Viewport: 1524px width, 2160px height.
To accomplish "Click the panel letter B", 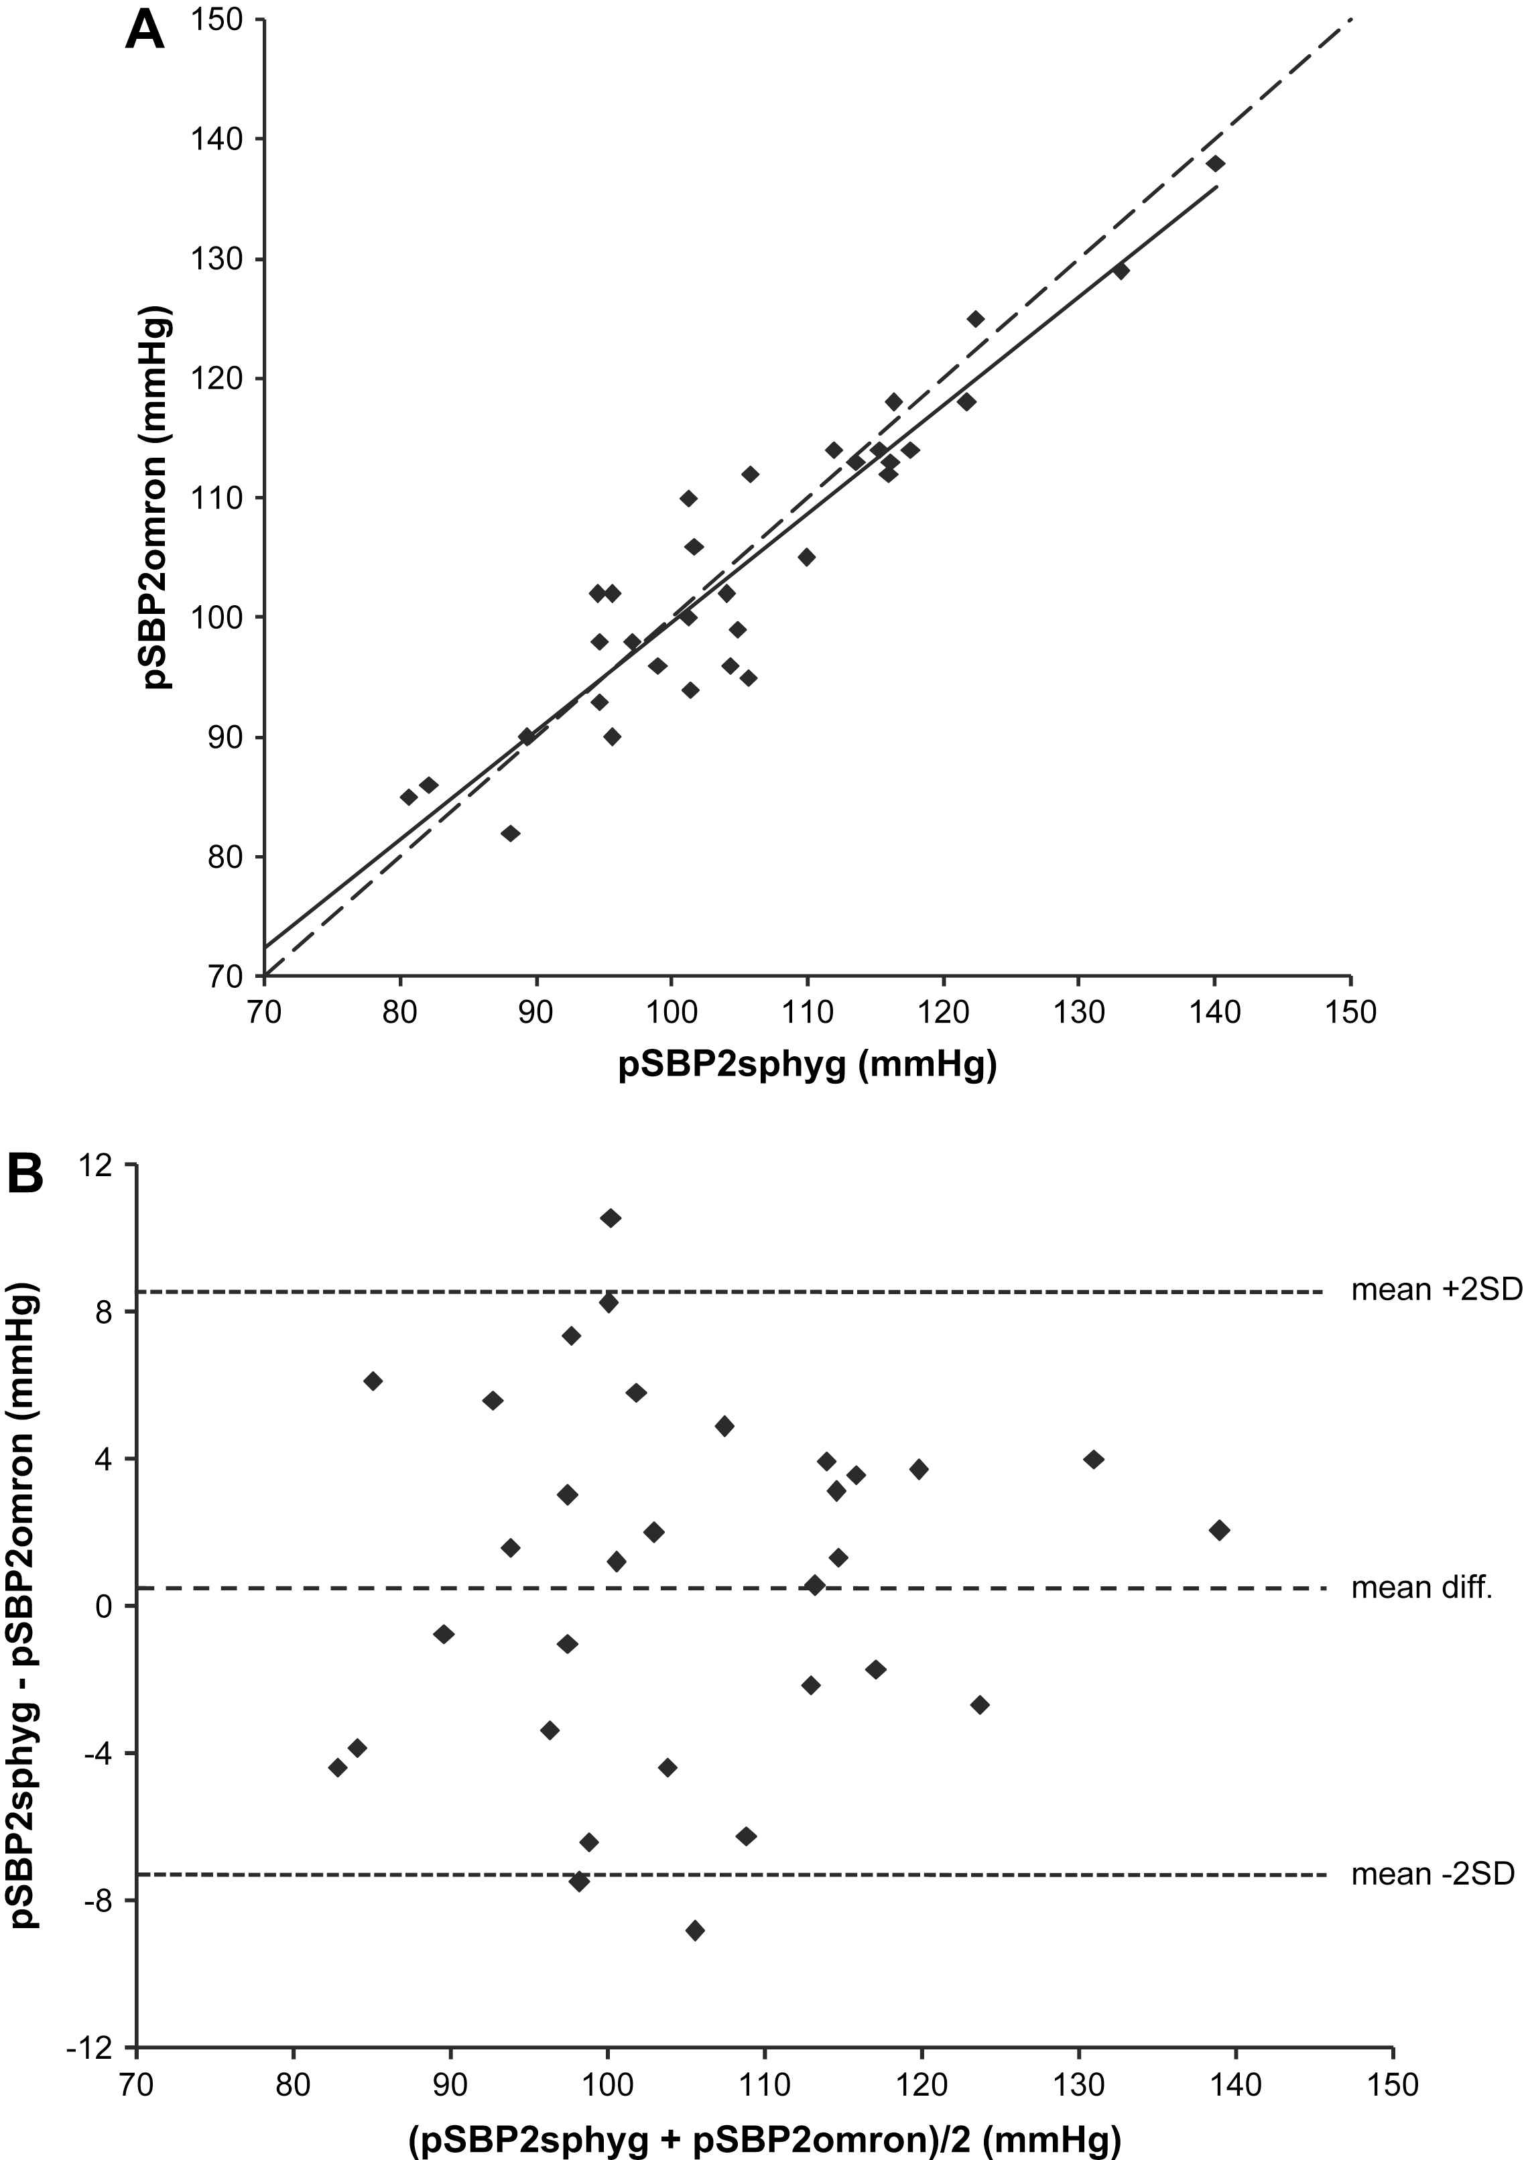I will point(25,1174).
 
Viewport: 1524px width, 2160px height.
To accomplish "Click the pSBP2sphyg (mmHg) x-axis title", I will point(806,1065).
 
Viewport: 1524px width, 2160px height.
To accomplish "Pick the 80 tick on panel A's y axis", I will point(225,857).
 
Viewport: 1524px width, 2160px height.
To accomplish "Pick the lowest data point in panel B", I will point(695,1930).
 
